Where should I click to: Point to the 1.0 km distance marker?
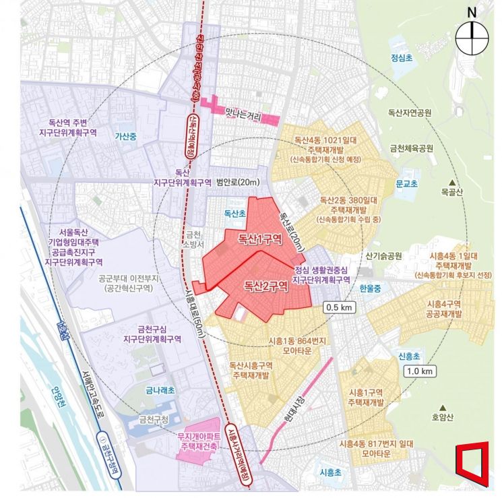click(x=420, y=371)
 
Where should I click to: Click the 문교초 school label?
click(x=406, y=183)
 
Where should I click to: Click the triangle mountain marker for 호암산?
click(x=444, y=407)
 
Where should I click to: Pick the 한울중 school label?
click(x=370, y=288)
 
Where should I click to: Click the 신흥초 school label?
click(x=408, y=356)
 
